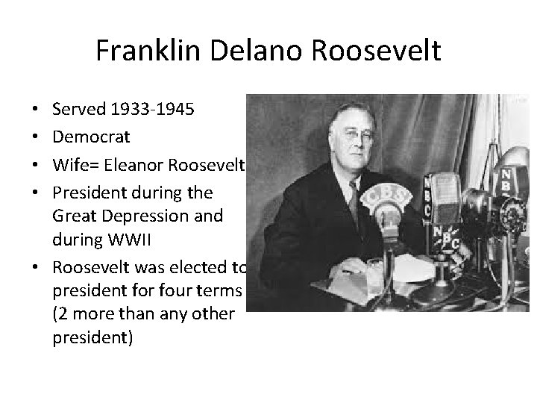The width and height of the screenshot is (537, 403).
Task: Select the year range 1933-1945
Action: (x=151, y=110)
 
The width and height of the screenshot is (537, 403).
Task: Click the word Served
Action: (x=78, y=110)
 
